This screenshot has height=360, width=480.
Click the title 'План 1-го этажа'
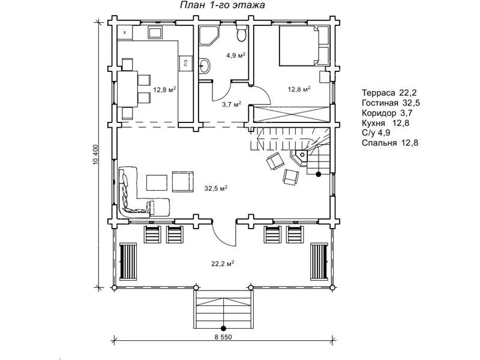(x=222, y=5)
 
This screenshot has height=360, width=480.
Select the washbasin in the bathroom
(x=204, y=65)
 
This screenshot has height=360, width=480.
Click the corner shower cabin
(x=209, y=35)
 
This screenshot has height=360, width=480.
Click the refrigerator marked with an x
(x=125, y=32)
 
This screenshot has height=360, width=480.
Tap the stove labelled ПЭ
(x=186, y=63)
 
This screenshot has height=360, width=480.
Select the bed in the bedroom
(x=304, y=46)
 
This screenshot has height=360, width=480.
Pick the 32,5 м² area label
(x=216, y=188)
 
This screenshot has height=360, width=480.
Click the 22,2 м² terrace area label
(x=223, y=263)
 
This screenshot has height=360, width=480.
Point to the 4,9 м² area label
(x=236, y=55)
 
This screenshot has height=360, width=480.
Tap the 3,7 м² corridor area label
(x=232, y=104)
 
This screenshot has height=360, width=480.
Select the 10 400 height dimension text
(x=96, y=155)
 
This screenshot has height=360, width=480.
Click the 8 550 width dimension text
(x=223, y=337)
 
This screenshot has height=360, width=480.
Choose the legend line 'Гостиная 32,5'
(x=391, y=103)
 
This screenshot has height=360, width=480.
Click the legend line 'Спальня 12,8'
(x=390, y=143)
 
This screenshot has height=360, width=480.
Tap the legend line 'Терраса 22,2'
(x=389, y=93)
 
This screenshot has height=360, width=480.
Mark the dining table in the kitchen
(x=128, y=89)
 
